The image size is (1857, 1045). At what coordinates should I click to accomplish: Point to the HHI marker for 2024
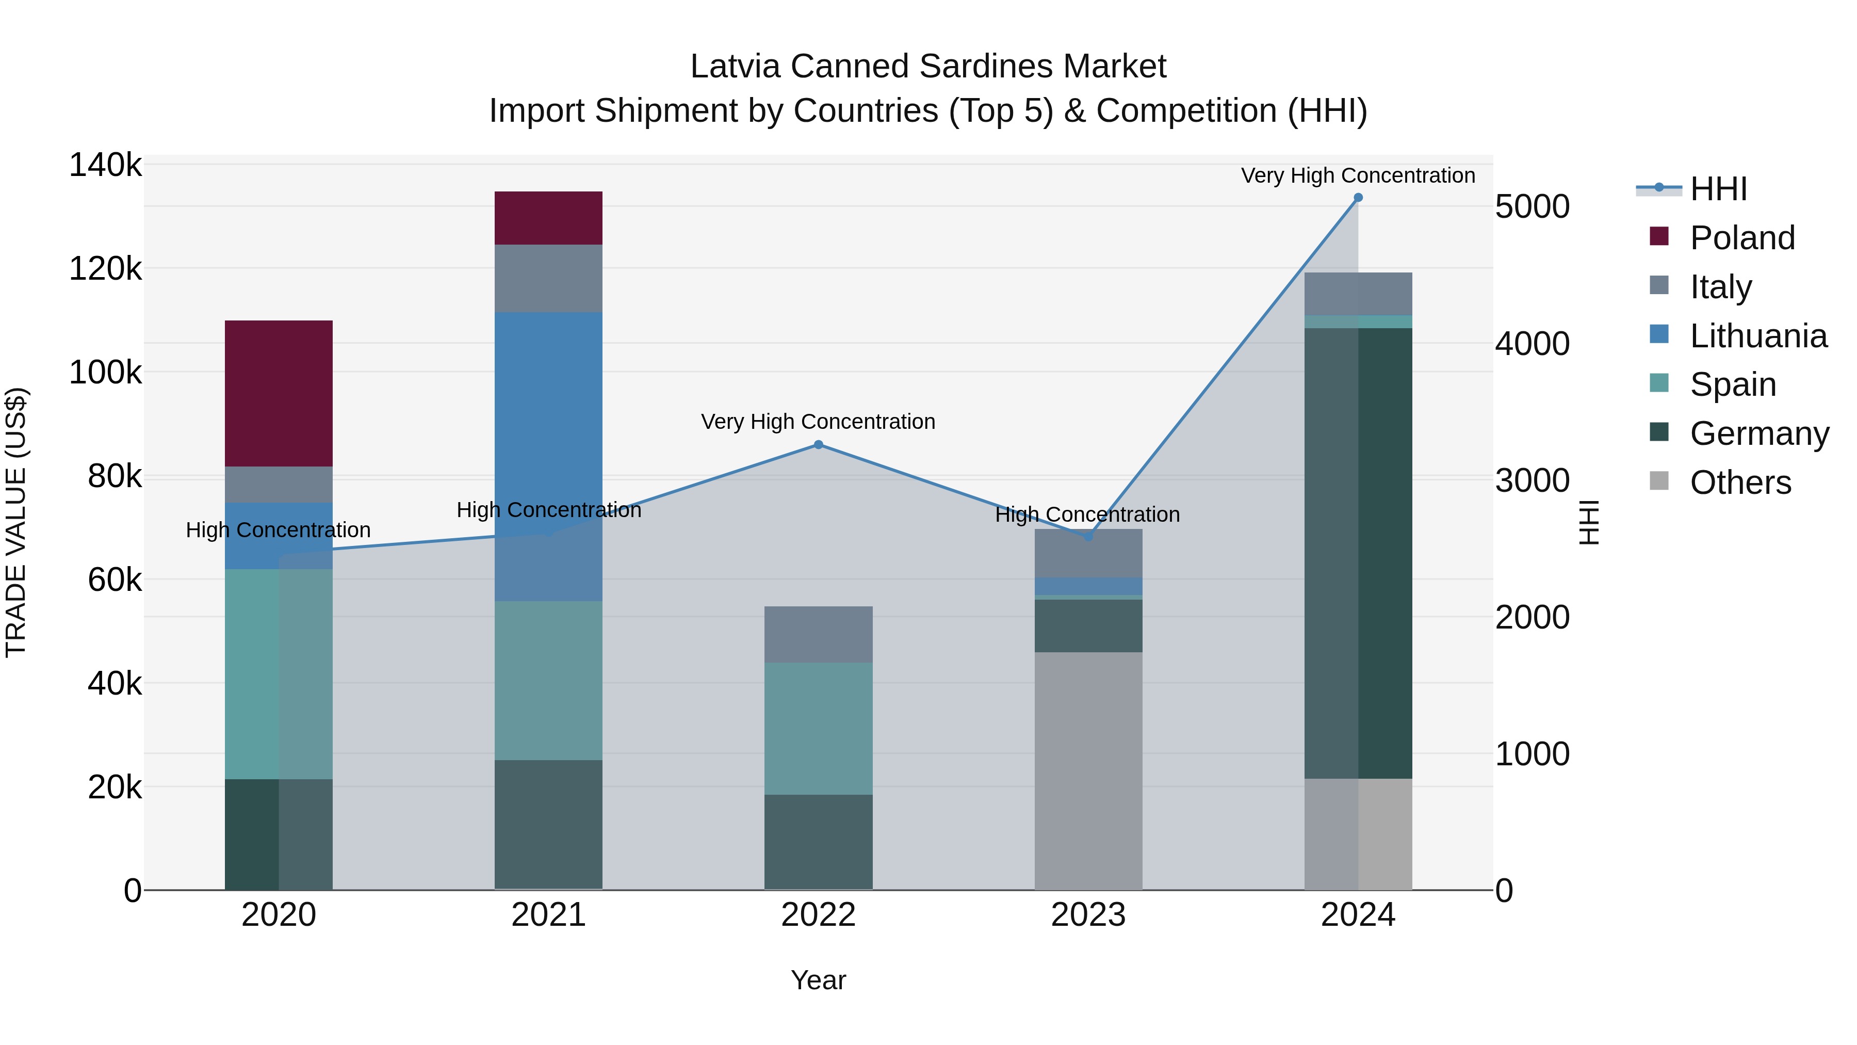click(x=1358, y=198)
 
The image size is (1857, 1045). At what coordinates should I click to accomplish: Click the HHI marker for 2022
click(x=818, y=444)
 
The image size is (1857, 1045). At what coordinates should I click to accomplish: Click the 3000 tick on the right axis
click(x=1532, y=480)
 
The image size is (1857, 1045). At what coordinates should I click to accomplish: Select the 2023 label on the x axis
click(x=1088, y=915)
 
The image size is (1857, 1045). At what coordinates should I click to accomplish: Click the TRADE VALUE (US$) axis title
click(x=16, y=522)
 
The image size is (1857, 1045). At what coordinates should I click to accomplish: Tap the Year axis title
click(x=818, y=980)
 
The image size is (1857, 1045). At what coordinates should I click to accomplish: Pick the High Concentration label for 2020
click(x=278, y=530)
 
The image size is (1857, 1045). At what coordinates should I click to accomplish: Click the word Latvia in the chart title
click(x=735, y=67)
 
